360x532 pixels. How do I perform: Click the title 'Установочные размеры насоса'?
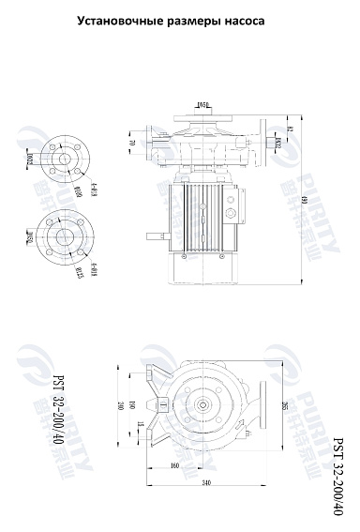[x=178, y=19]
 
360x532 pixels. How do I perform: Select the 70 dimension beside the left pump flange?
[x=131, y=144]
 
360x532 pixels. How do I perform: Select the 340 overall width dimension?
[x=205, y=483]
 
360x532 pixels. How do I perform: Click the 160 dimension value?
[x=174, y=465]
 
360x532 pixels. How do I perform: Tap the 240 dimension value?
[x=120, y=405]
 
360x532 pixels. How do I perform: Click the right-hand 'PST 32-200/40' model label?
[x=338, y=474]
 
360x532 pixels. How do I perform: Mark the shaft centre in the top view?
[x=204, y=406]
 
